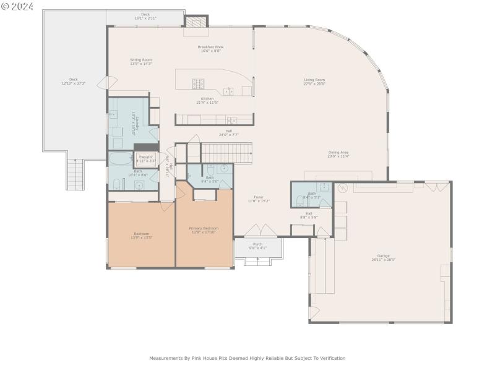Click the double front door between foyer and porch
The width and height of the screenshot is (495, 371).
click(258, 231)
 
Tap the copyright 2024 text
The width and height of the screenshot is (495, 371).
click(17, 6)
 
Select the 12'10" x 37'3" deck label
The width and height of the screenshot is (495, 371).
click(74, 81)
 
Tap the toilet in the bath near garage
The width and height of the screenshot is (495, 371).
click(300, 200)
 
